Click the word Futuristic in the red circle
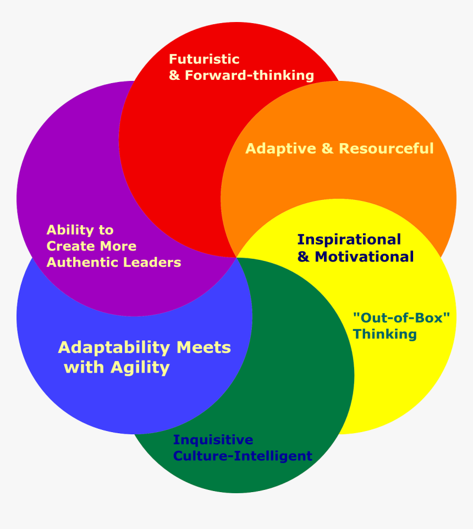coord(204,59)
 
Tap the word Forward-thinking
coord(249,75)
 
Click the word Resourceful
coord(386,149)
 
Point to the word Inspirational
coord(349,240)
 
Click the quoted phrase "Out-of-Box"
coord(401,318)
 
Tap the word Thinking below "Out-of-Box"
coord(384,334)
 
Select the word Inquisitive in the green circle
coord(213,440)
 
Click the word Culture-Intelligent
coord(243,456)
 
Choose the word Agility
coord(140,367)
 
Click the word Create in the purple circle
coord(69,246)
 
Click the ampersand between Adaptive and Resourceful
coord(327,149)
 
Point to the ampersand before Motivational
coord(304,257)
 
